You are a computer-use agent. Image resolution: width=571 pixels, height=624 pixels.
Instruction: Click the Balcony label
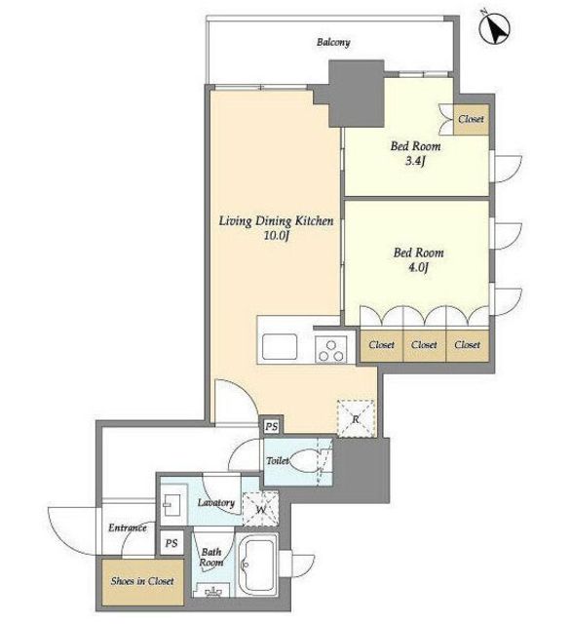pyautogui.click(x=333, y=42)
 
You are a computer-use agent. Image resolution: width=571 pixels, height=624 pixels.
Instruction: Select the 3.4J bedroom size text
pyautogui.click(x=415, y=161)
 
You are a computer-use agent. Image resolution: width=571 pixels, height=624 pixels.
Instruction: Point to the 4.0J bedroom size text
pyautogui.click(x=418, y=267)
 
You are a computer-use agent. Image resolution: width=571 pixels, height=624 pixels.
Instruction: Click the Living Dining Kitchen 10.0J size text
pyautogui.click(x=276, y=235)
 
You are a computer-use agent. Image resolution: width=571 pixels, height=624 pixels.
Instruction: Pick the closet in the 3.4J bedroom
pyautogui.click(x=472, y=119)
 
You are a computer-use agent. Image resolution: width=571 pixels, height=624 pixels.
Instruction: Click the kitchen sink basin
pyautogui.click(x=279, y=346)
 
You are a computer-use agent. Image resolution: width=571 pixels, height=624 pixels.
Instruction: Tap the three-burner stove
pyautogui.click(x=330, y=349)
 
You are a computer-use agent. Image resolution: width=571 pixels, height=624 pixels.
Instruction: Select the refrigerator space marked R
pyautogui.click(x=356, y=418)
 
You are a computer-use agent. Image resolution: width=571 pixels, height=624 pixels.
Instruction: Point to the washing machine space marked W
pyautogui.click(x=260, y=509)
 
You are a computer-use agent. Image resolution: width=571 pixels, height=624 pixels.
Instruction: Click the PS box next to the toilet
pyautogui.click(x=271, y=427)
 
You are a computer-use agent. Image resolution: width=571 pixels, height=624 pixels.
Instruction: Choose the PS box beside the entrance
pyautogui.click(x=171, y=543)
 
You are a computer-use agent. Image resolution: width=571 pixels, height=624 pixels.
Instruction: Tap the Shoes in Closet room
pyautogui.click(x=142, y=582)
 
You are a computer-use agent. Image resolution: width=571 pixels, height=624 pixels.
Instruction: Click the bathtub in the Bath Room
pyautogui.click(x=257, y=565)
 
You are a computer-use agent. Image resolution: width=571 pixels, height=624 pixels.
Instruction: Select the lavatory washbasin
pyautogui.click(x=173, y=505)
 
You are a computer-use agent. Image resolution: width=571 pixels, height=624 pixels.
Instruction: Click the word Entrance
pyautogui.click(x=128, y=528)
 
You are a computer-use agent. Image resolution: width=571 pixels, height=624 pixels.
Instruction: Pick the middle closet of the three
pyautogui.click(x=424, y=345)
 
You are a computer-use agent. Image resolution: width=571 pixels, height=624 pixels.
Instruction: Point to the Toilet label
pyautogui.click(x=278, y=461)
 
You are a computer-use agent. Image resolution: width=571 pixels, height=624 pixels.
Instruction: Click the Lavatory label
pyautogui.click(x=216, y=503)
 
